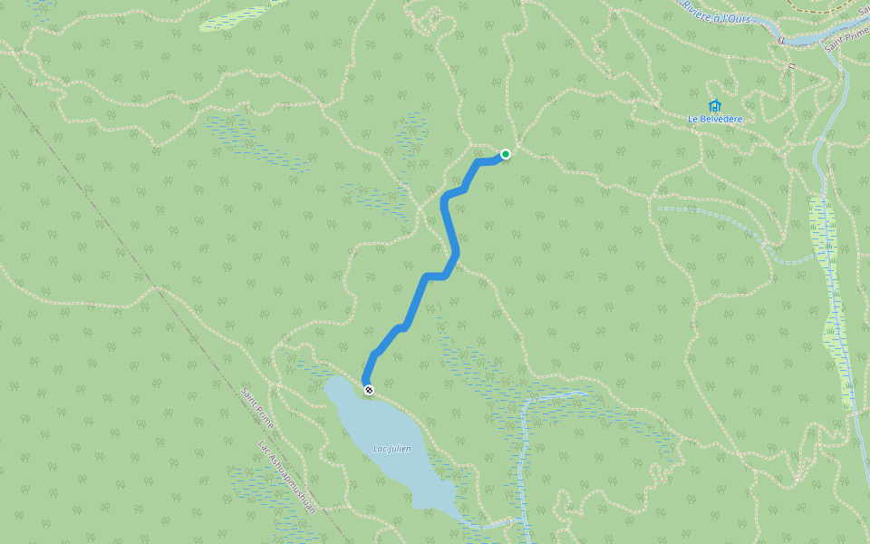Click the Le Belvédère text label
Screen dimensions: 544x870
[x=715, y=119]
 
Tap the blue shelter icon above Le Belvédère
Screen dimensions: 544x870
[x=714, y=105]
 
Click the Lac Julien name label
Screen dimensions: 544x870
[x=392, y=449]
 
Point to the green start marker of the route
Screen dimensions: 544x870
[x=506, y=154]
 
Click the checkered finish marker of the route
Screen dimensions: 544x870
[x=369, y=390]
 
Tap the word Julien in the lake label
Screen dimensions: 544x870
[x=401, y=449]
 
